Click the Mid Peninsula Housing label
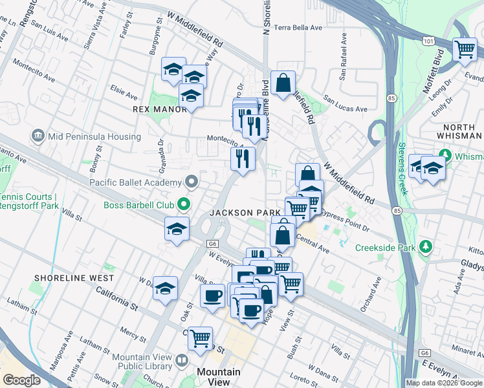(93, 136)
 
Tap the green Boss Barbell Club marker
(184, 205)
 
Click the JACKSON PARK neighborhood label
(245, 213)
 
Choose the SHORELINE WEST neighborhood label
(75, 278)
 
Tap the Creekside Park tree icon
(426, 247)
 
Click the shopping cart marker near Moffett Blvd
(465, 49)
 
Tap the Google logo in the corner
(21, 380)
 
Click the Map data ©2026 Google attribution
(444, 383)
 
